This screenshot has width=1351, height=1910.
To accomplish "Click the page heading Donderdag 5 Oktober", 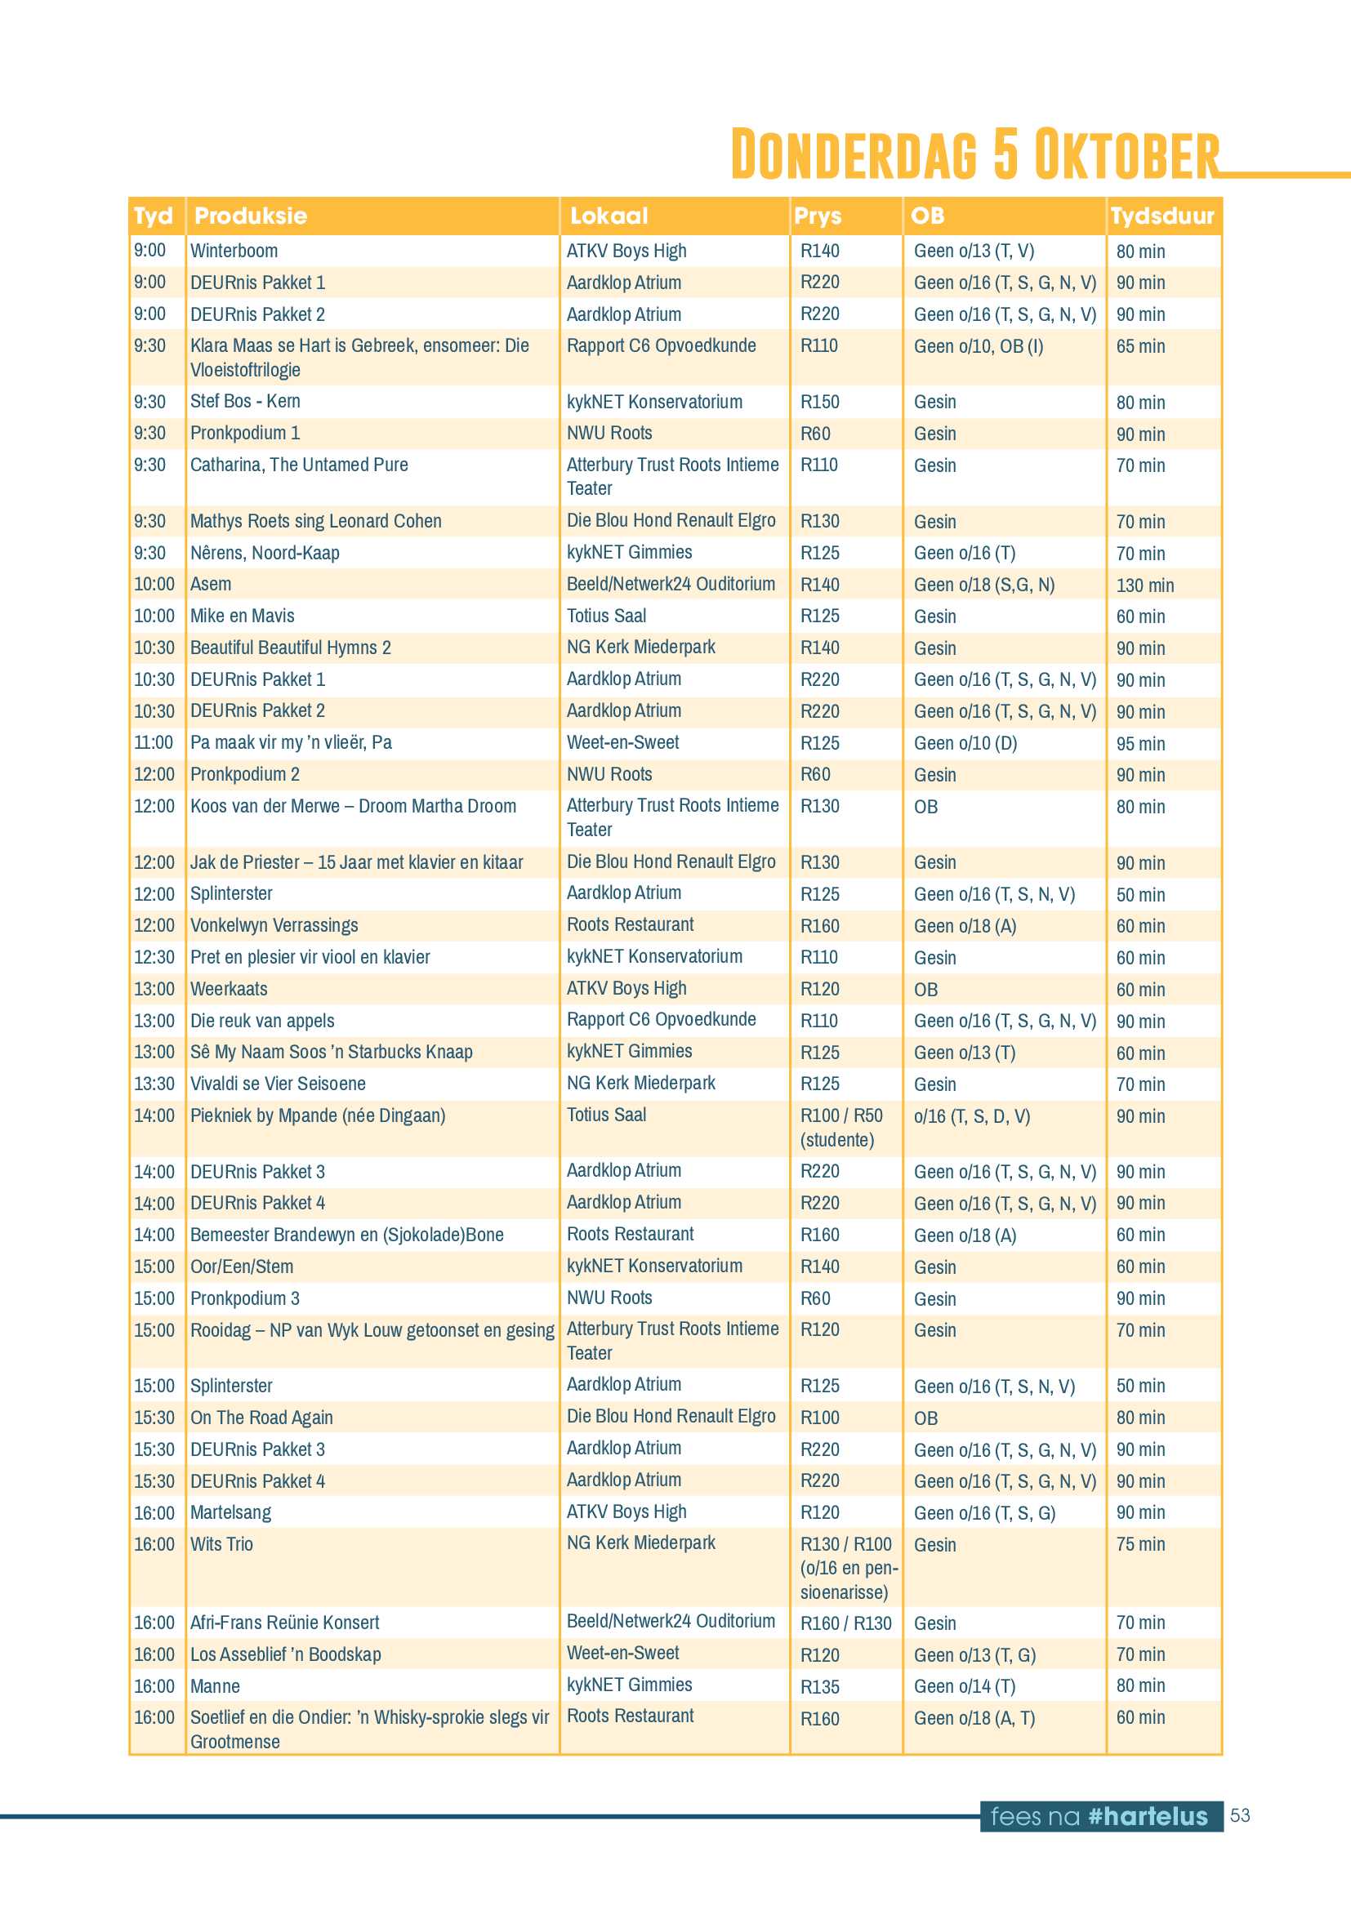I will pos(974,154).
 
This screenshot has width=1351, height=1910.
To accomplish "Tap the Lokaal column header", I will pos(609,216).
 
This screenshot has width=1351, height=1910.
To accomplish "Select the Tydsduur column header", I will pos(1162,216).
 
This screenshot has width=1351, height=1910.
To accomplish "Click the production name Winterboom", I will pos(234,252).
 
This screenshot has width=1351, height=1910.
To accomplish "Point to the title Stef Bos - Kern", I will pos(245,402).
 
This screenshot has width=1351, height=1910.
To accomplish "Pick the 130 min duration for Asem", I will pos(1144,585).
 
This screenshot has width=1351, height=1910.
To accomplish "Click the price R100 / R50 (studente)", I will pos(841,1127).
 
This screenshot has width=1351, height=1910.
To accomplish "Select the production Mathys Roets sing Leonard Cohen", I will pos(315,522).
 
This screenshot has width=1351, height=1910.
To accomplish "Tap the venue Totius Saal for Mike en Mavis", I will pos(606,617).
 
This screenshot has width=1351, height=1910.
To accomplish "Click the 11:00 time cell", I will pos(154,743).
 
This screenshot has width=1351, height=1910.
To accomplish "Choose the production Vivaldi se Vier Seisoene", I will pos(278,1084).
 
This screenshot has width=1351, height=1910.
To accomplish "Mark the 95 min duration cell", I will pos(1140,744).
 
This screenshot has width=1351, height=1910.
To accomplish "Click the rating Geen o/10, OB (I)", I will pos(979,347).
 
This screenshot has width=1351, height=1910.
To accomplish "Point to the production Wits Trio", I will pos(221,1545).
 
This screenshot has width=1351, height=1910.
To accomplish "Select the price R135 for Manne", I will pos(819,1687).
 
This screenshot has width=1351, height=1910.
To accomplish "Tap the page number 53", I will pos(1240,1815).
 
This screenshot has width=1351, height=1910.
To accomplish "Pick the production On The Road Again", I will pos(261,1418).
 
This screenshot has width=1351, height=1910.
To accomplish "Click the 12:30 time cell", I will pos(154,958).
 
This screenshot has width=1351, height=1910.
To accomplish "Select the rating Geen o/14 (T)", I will pos(964,1687).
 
